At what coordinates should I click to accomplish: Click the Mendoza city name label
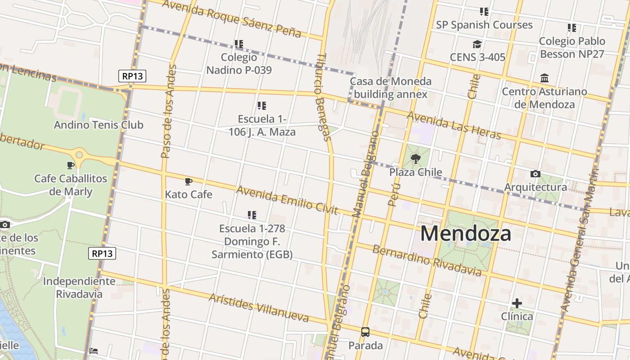point(466,234)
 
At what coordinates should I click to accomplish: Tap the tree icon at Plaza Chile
point(416,158)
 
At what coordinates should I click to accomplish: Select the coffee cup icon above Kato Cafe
point(189,181)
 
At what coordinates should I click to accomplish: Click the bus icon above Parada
point(365,332)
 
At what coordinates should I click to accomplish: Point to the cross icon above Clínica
point(517,303)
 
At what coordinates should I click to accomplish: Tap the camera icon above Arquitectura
point(535,174)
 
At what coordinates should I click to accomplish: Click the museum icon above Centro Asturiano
point(544,78)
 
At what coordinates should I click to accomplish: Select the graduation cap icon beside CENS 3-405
point(477,44)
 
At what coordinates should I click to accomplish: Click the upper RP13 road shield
point(133,76)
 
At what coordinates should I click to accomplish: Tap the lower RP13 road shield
point(102,253)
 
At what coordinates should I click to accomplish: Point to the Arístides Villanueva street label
point(259,308)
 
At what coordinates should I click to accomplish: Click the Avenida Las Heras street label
point(454,125)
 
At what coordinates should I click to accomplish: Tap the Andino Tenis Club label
point(99,125)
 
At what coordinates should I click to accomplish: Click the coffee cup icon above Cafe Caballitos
point(71,165)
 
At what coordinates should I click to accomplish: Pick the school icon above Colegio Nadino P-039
point(238,44)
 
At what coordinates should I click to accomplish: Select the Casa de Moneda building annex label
point(391,88)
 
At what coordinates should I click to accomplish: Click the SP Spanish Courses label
point(484,25)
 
